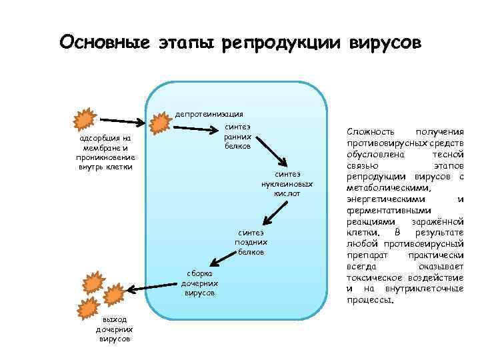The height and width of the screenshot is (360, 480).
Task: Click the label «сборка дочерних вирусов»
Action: click(199, 283)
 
